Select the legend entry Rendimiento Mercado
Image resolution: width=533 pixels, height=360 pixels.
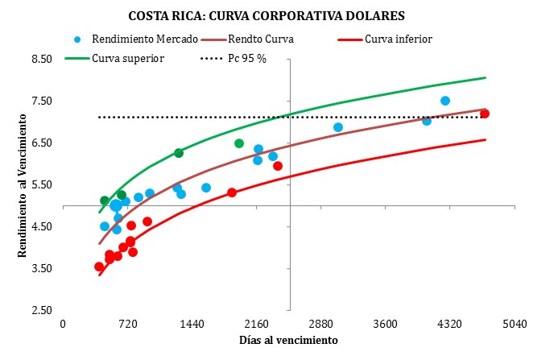click(129, 39)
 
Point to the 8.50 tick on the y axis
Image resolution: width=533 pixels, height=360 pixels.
click(40, 60)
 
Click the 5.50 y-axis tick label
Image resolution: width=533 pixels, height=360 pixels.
click(40, 185)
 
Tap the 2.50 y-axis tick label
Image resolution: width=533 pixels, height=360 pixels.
click(40, 311)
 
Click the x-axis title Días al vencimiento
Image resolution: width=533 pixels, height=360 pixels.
click(288, 341)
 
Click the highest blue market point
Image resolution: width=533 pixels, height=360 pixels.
click(445, 101)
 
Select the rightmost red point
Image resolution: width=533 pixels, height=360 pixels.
click(485, 114)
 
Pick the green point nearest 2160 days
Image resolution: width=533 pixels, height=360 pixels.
click(239, 143)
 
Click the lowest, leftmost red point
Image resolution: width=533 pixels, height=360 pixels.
click(99, 267)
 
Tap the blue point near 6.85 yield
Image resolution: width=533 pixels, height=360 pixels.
click(338, 127)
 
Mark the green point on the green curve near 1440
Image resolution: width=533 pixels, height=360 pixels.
click(179, 153)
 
